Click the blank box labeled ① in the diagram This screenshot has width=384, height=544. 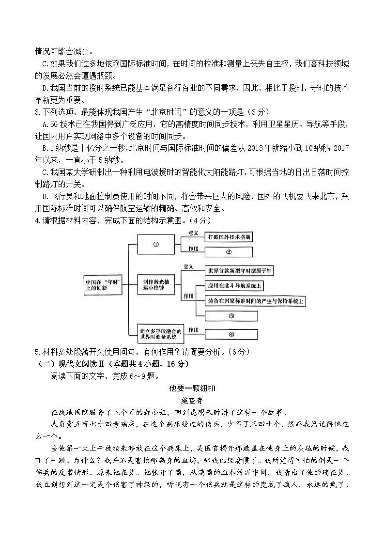click(x=156, y=245)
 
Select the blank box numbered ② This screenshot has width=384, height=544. click(x=229, y=252)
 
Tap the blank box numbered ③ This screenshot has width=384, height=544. click(x=231, y=316)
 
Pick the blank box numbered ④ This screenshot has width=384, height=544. click(x=231, y=334)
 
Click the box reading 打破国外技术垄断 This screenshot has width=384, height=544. click(x=229, y=237)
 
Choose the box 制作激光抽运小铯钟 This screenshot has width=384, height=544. click(x=156, y=284)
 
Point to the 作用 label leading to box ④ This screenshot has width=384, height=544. click(x=193, y=330)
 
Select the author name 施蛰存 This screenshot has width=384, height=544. click(x=192, y=401)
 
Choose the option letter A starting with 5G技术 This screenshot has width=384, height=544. click(x=45, y=124)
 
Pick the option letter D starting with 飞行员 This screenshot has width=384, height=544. click(x=45, y=197)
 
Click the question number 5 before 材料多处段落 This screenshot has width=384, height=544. click(x=37, y=352)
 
